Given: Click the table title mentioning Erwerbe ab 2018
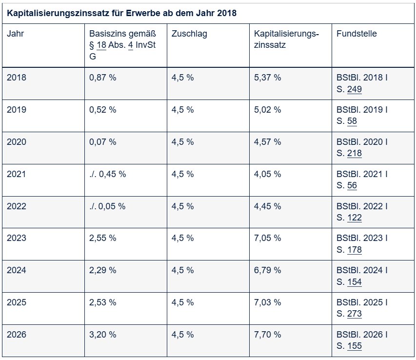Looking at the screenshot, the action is tap(121, 13).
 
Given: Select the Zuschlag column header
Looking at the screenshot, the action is tap(189, 34).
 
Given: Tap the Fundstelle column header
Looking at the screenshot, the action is tap(357, 34).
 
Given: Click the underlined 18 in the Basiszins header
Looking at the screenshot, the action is tap(101, 45).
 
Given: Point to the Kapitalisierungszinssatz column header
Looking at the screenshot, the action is tap(286, 39).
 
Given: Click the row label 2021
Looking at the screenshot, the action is tap(16, 174).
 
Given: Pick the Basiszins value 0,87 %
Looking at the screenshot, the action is tap(103, 78).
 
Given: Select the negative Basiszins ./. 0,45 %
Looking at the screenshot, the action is tap(107, 174).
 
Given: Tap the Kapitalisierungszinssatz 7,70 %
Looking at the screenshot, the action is tap(267, 335).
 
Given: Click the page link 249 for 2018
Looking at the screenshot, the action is tap(355, 89).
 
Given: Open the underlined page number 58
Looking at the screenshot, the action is tap(352, 121).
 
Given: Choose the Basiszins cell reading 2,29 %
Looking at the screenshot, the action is tap(103, 270).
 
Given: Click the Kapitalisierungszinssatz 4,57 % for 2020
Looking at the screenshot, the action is tap(267, 142).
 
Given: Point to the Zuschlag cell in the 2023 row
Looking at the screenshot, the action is tap(182, 238).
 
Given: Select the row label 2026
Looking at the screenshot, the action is tap(17, 335).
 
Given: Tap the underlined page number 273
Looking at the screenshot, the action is tap(355, 314).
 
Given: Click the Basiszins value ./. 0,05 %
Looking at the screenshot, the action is tap(107, 206).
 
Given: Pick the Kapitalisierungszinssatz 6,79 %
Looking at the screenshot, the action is tap(267, 270).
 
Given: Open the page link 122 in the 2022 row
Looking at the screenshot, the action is tap(355, 218).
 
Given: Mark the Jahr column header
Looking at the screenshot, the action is tap(16, 34).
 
